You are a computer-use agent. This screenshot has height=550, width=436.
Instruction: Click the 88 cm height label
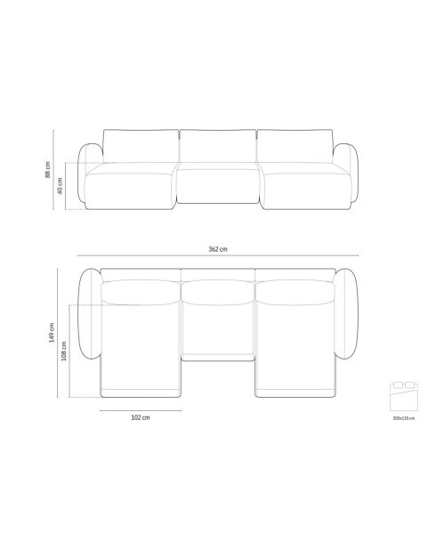tap(47, 169)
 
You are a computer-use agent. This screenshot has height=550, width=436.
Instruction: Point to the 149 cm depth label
tap(52, 332)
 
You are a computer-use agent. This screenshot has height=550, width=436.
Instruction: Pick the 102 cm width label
tap(140, 417)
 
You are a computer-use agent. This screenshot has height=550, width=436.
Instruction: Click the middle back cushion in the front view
tap(217, 147)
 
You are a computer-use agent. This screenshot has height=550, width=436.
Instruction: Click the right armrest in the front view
tap(347, 176)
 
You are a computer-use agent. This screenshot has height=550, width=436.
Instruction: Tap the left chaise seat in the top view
tap(140, 352)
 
